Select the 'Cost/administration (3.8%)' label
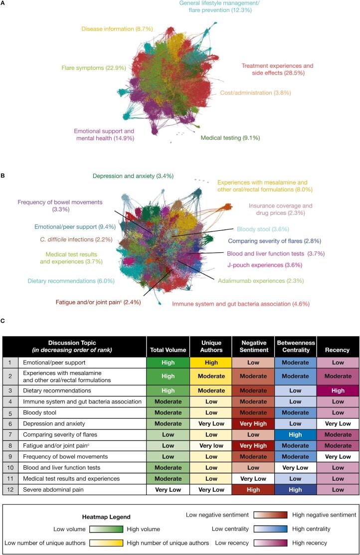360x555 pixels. tap(253, 93)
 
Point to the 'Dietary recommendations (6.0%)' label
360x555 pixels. tap(71, 281)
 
